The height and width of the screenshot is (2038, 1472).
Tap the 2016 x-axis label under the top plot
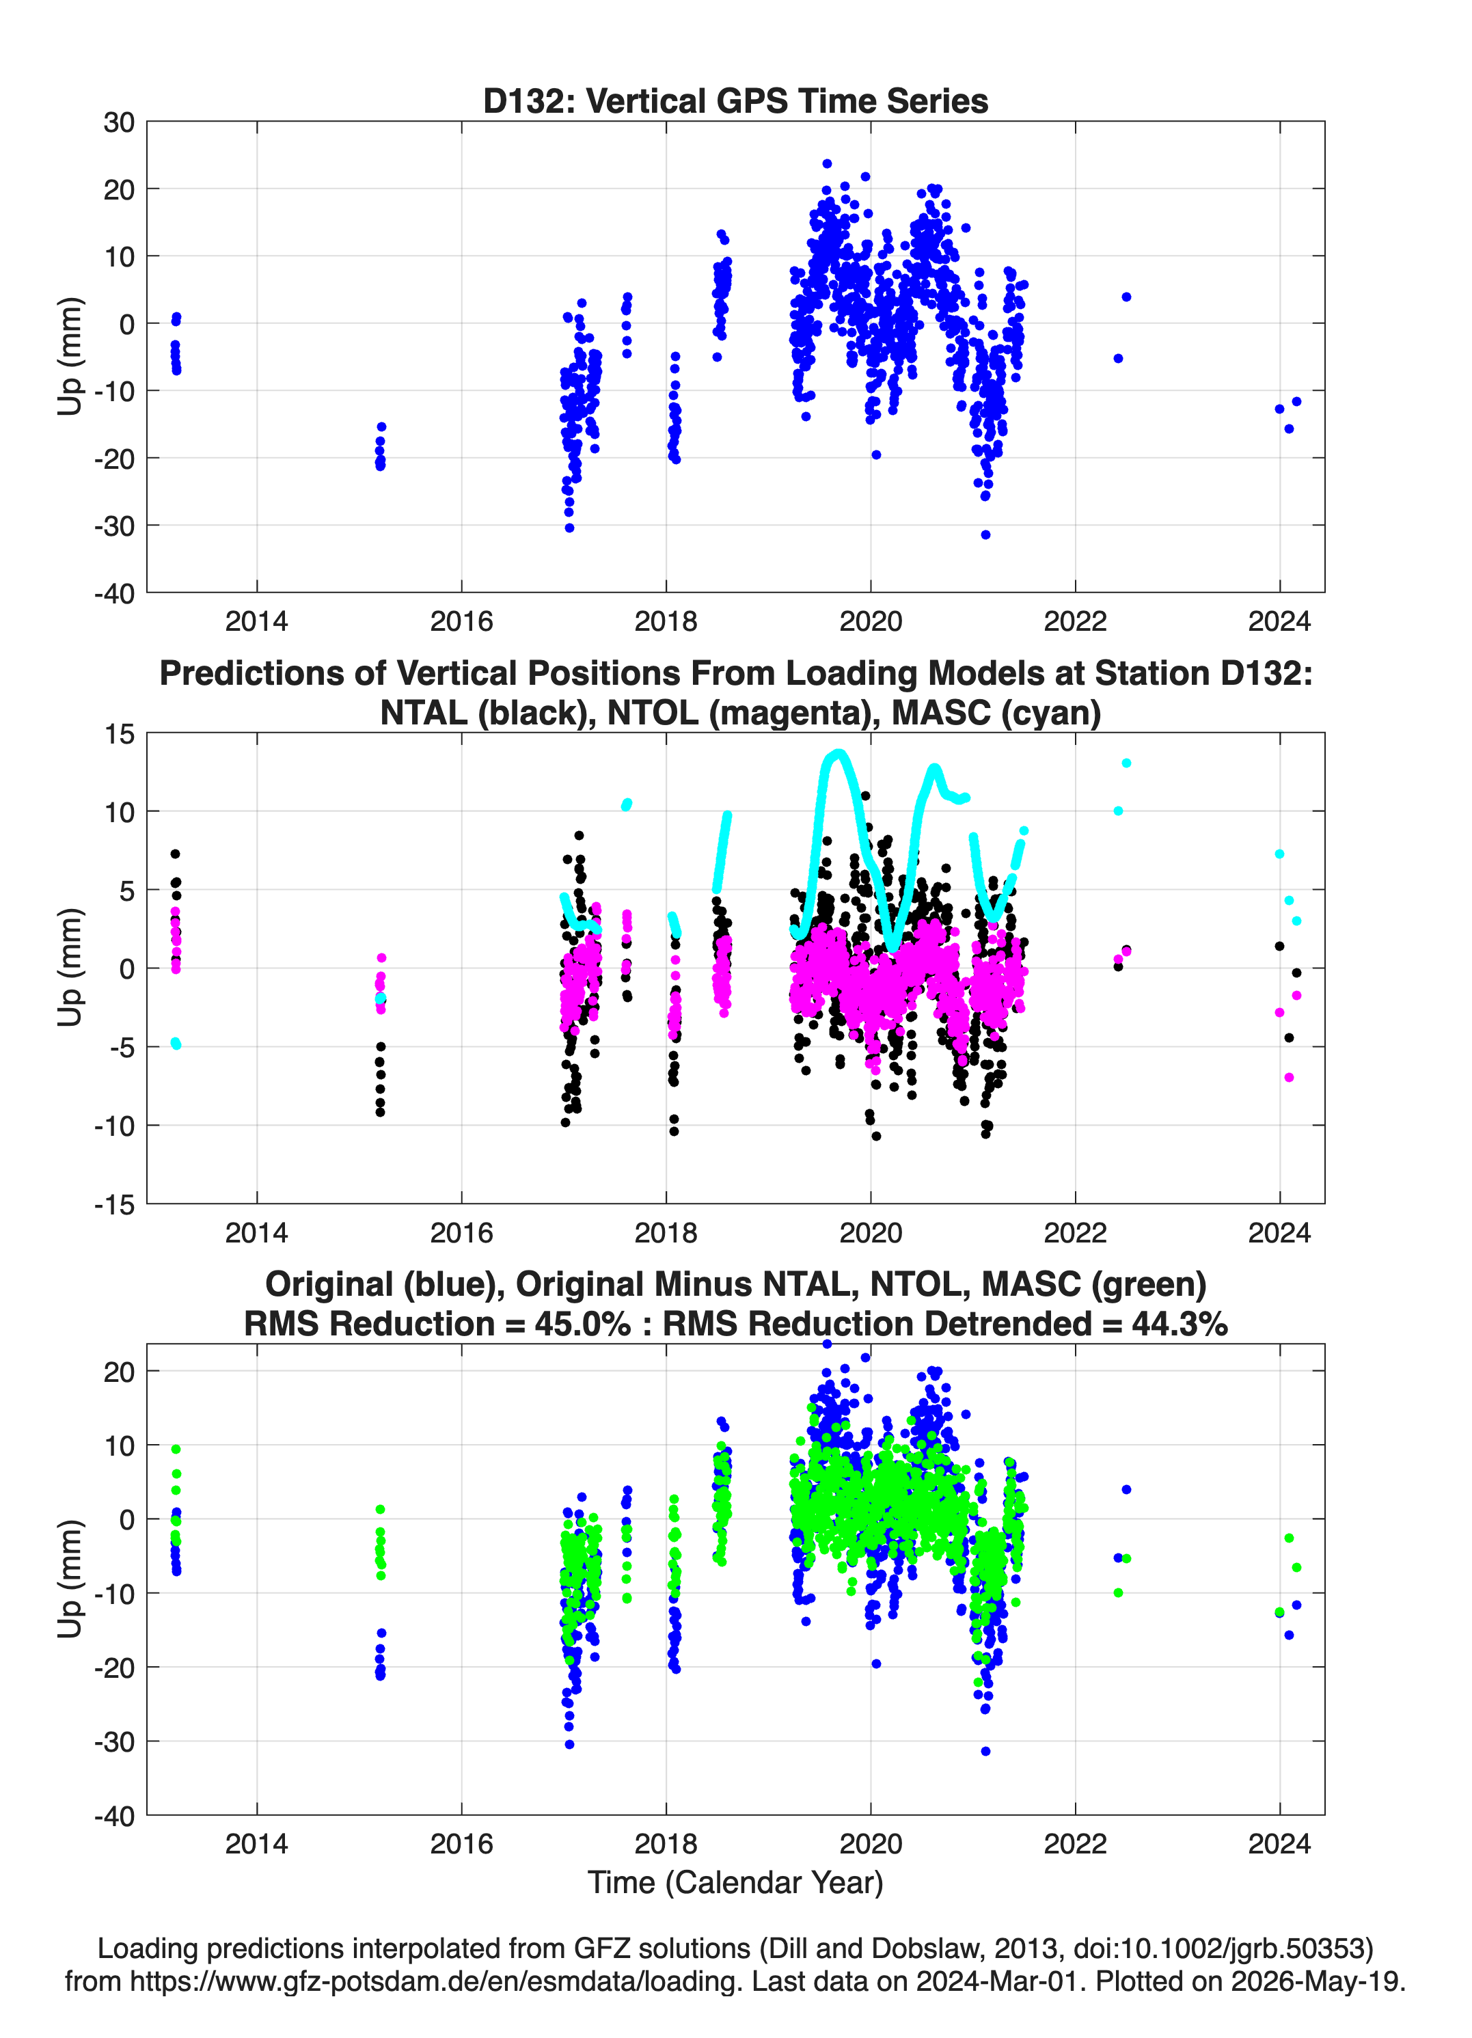coord(461,621)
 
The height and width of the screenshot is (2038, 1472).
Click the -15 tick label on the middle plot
coord(114,1205)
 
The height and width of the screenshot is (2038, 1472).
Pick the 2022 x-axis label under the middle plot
coord(1075,1233)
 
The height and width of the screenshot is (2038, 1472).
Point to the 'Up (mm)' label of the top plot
coord(70,356)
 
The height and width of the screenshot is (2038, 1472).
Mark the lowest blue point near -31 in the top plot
coord(986,534)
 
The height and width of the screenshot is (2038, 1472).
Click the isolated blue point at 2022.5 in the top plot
coord(1126,297)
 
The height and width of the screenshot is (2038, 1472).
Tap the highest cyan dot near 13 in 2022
coord(1126,763)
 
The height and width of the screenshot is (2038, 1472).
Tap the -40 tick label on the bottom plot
coord(114,1816)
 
